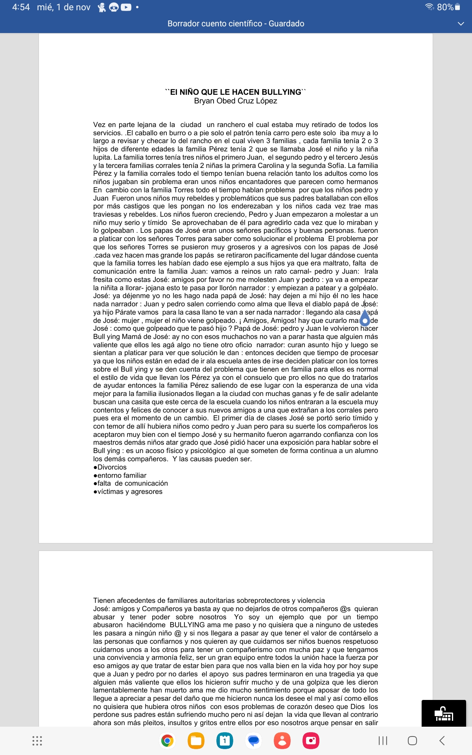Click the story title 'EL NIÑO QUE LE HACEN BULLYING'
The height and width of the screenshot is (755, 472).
[236, 92]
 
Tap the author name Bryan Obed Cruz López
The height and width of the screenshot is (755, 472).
[236, 101]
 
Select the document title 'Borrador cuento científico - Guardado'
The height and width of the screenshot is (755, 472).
[236, 24]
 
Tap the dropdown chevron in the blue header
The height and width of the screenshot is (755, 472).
[461, 24]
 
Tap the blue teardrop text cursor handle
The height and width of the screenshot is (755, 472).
[365, 319]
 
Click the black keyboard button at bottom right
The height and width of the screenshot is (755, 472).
[444, 713]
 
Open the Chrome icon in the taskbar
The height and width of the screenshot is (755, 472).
[167, 741]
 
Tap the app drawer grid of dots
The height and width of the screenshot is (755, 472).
[37, 741]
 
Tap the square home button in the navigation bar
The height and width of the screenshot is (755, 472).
[412, 741]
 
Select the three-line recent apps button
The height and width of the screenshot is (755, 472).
[383, 741]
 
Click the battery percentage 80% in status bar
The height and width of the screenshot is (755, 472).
[445, 7]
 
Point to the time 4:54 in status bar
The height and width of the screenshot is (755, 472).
[21, 7]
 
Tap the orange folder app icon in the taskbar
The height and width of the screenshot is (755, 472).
[196, 741]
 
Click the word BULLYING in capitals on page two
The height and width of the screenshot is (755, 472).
[187, 625]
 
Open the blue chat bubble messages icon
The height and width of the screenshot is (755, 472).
[254, 741]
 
